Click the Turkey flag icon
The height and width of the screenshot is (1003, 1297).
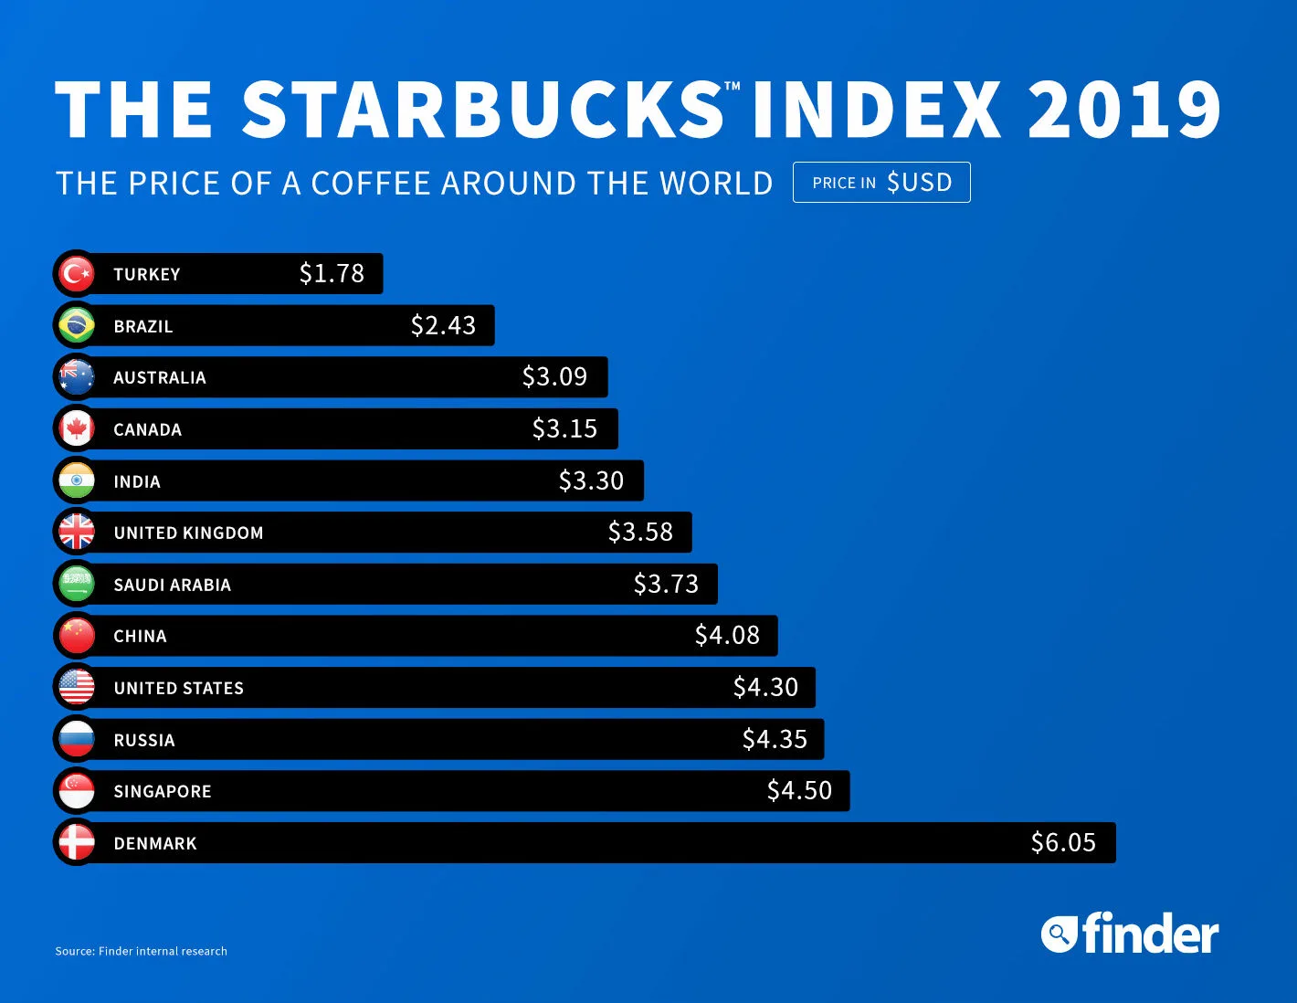[x=77, y=273]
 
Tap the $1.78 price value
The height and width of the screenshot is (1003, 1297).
[x=332, y=273]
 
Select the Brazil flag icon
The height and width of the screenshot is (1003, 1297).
[x=77, y=325]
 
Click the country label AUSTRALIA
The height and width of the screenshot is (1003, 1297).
[x=160, y=377]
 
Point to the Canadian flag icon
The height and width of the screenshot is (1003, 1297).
[x=77, y=428]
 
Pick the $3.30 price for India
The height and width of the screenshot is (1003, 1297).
[x=591, y=480]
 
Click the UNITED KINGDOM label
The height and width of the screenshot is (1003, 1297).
[x=188, y=533]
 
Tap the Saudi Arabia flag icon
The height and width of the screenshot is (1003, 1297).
[x=77, y=584]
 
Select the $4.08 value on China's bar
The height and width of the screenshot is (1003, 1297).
[x=727, y=635]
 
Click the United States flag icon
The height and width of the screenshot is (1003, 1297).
[x=77, y=687]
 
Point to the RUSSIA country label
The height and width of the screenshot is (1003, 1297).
[x=144, y=740]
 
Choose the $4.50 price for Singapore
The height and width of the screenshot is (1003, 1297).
[x=799, y=790]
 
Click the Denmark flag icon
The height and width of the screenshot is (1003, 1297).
[x=77, y=842]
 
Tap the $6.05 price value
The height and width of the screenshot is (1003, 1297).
[x=1063, y=842]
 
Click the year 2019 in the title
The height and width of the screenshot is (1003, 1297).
[x=1124, y=110]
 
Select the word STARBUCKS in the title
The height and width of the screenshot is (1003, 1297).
[x=483, y=110]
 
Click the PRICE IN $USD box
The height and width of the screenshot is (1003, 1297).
[x=881, y=183]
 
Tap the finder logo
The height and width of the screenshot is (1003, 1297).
[x=1130, y=934]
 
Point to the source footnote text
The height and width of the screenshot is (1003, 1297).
[x=141, y=951]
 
